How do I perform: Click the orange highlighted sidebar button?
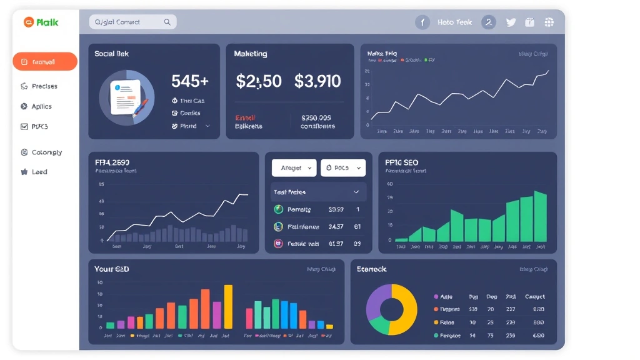(45, 62)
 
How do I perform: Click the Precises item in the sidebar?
(44, 86)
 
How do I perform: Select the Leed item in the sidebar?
(39, 172)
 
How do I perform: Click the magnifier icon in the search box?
(167, 22)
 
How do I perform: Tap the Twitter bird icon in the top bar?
(511, 22)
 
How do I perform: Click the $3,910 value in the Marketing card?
(317, 81)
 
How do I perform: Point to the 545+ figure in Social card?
(189, 81)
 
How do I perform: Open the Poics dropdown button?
(342, 168)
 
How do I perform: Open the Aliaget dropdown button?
(294, 168)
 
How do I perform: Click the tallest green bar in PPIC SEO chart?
(540, 216)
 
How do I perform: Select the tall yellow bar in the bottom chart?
(228, 307)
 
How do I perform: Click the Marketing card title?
(250, 54)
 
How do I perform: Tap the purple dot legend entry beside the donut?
(436, 297)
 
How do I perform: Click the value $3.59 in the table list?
(336, 210)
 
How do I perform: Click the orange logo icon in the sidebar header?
(27, 22)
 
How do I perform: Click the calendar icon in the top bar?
(529, 22)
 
